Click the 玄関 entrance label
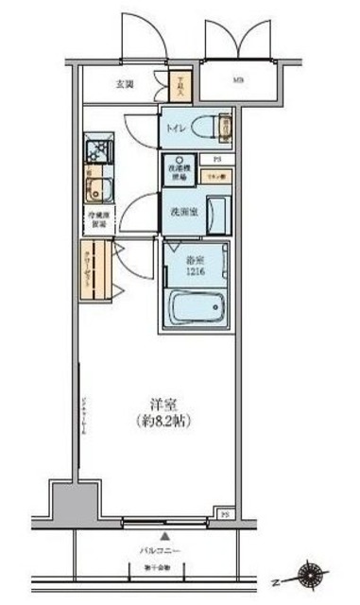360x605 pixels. (x=125, y=84)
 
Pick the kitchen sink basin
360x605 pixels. (x=97, y=186)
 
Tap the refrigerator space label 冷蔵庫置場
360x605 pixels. (x=97, y=223)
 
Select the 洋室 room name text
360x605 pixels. (x=158, y=401)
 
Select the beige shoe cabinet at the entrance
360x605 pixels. (x=181, y=87)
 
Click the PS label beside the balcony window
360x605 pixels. (x=225, y=513)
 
